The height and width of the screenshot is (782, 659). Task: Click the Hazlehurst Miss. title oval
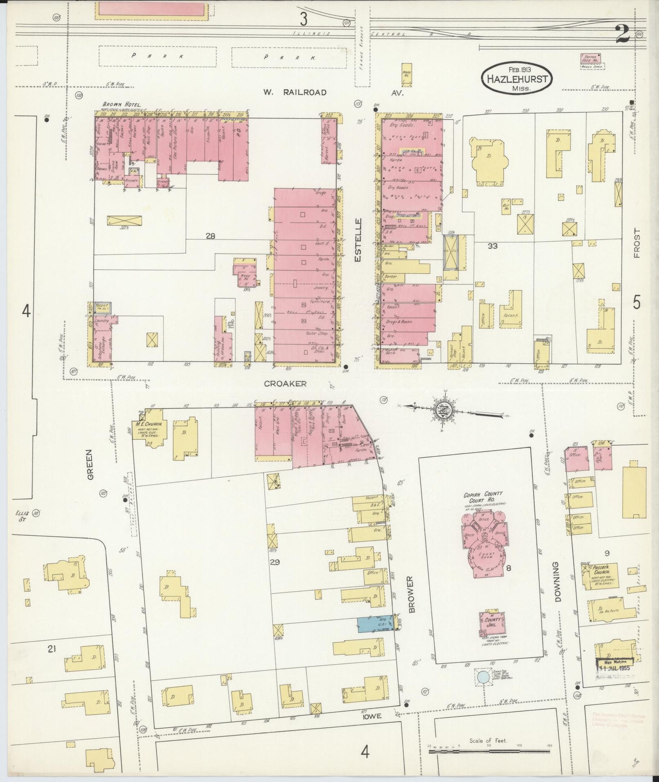[516, 79]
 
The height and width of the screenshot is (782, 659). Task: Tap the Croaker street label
[285, 384]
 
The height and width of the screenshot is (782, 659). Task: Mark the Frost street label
[637, 243]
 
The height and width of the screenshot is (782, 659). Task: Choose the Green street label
[90, 464]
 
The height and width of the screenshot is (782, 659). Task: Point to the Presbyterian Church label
[603, 571]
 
